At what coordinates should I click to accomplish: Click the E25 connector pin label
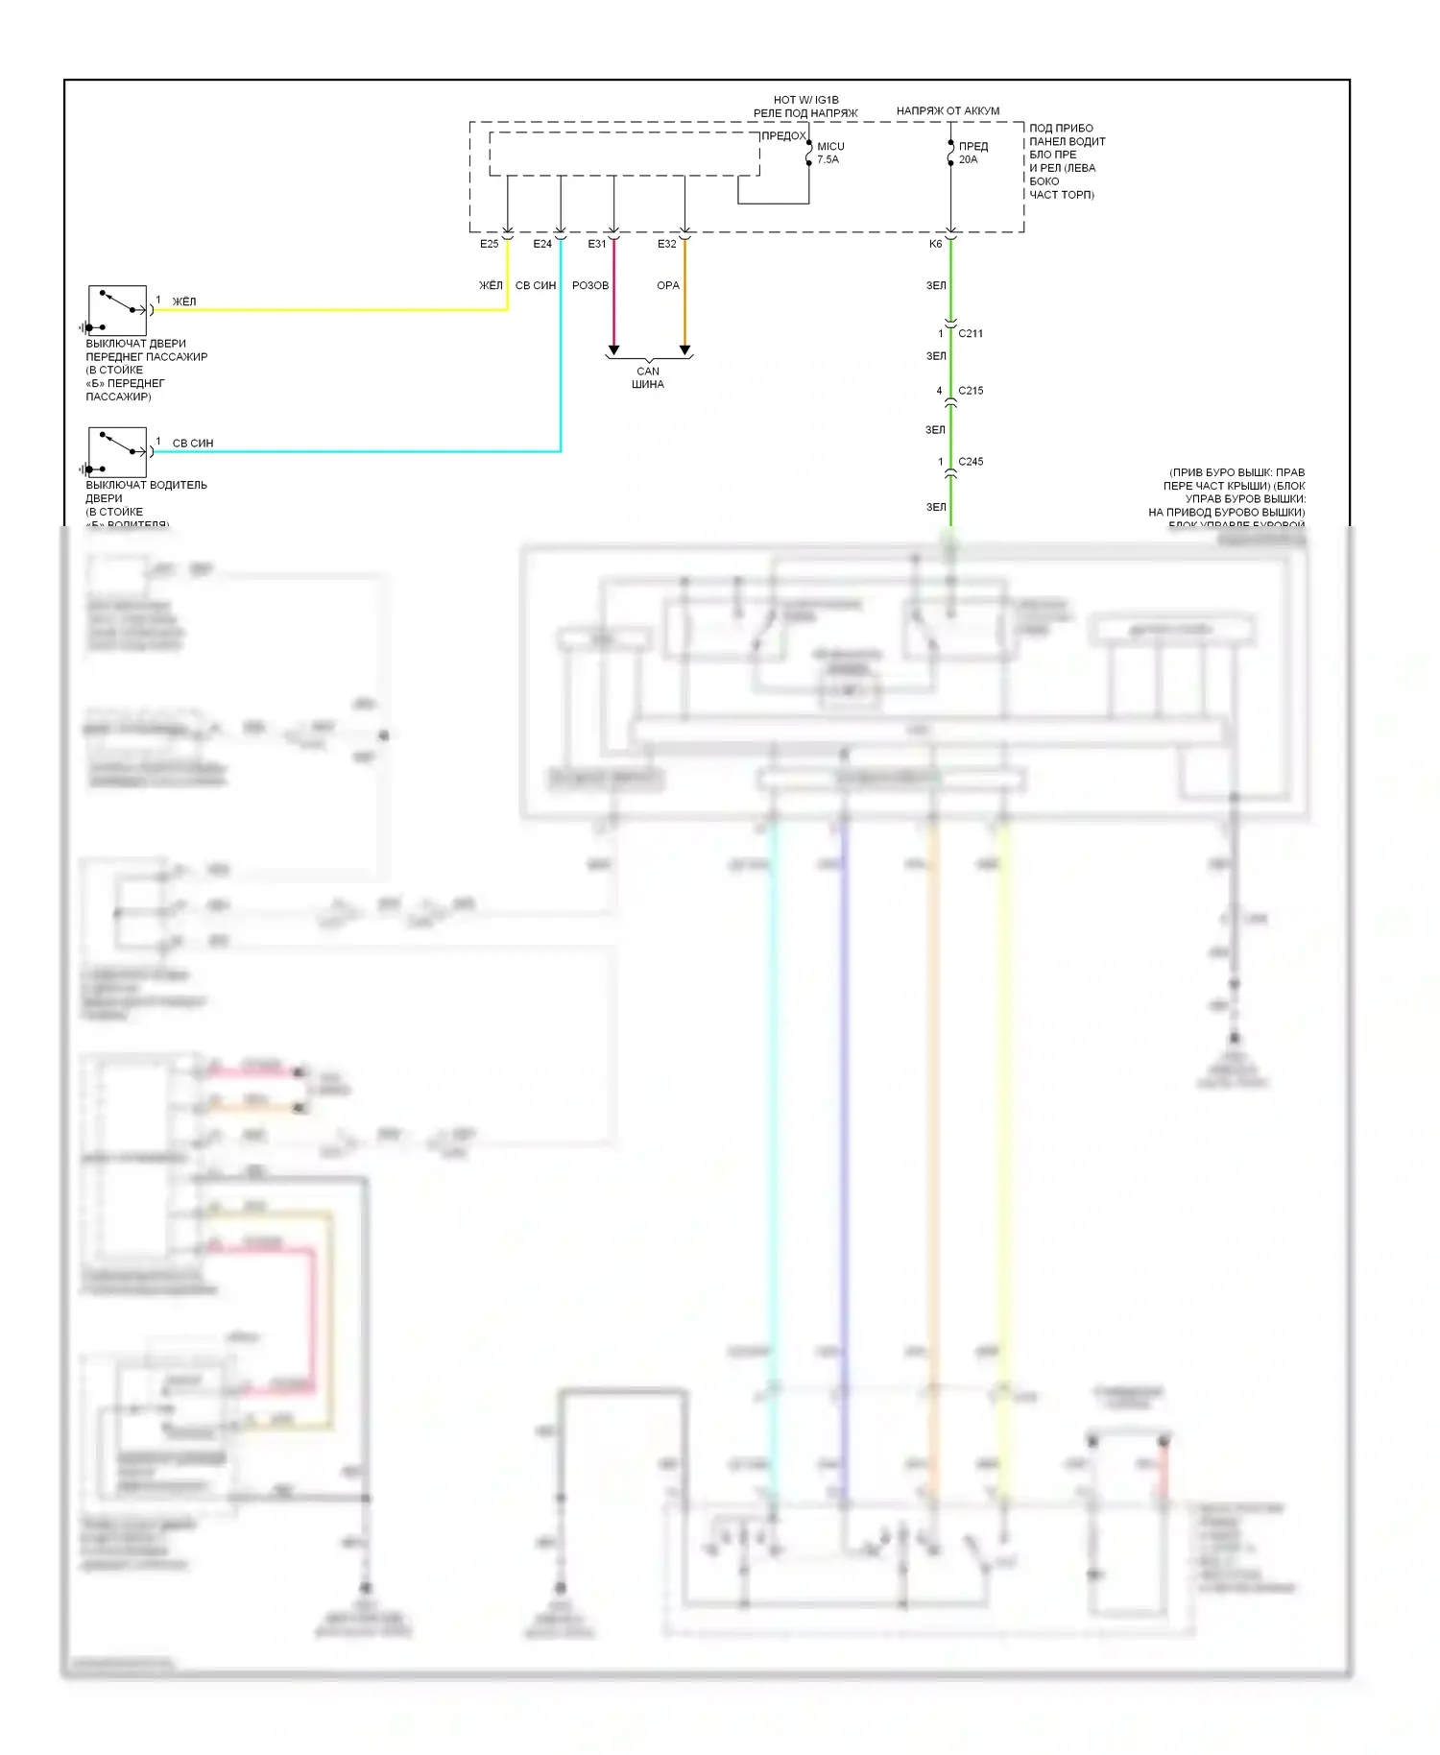tap(490, 244)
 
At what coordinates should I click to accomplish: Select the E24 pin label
tap(542, 244)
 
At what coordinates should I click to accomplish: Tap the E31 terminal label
tap(597, 244)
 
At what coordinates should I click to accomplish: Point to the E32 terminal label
tap(667, 244)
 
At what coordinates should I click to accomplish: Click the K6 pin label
tap(936, 244)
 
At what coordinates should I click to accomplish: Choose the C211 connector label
tap(971, 333)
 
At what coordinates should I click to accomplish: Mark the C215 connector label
tap(971, 391)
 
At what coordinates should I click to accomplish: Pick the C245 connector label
tap(971, 462)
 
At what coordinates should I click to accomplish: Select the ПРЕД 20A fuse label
tap(972, 153)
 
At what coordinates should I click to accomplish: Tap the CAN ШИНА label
tap(648, 377)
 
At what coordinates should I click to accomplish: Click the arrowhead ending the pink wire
tap(614, 350)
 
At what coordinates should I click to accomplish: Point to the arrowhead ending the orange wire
tap(685, 350)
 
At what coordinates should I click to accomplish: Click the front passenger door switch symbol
tap(117, 309)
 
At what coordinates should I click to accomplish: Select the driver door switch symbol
tap(117, 451)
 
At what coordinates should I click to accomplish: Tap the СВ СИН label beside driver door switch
tap(193, 444)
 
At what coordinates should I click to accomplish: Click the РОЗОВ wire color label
tap(590, 285)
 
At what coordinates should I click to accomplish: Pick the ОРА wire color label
tap(668, 285)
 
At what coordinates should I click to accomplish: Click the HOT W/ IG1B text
tap(806, 100)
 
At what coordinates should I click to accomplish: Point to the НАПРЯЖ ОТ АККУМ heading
tap(948, 111)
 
